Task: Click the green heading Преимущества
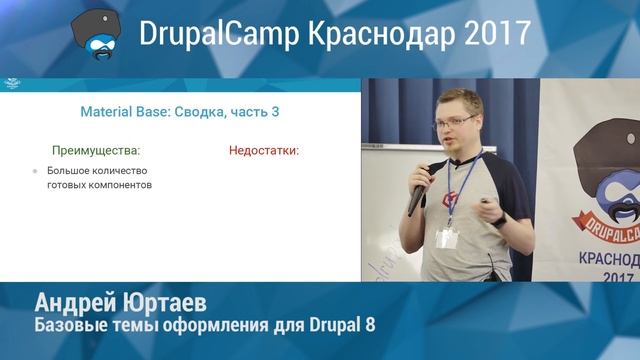coord(96,151)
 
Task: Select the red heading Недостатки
coord(264,151)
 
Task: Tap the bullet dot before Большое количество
coord(35,172)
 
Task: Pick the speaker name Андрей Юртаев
coord(120,303)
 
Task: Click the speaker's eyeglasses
coord(455,122)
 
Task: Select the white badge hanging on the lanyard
coord(447,238)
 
